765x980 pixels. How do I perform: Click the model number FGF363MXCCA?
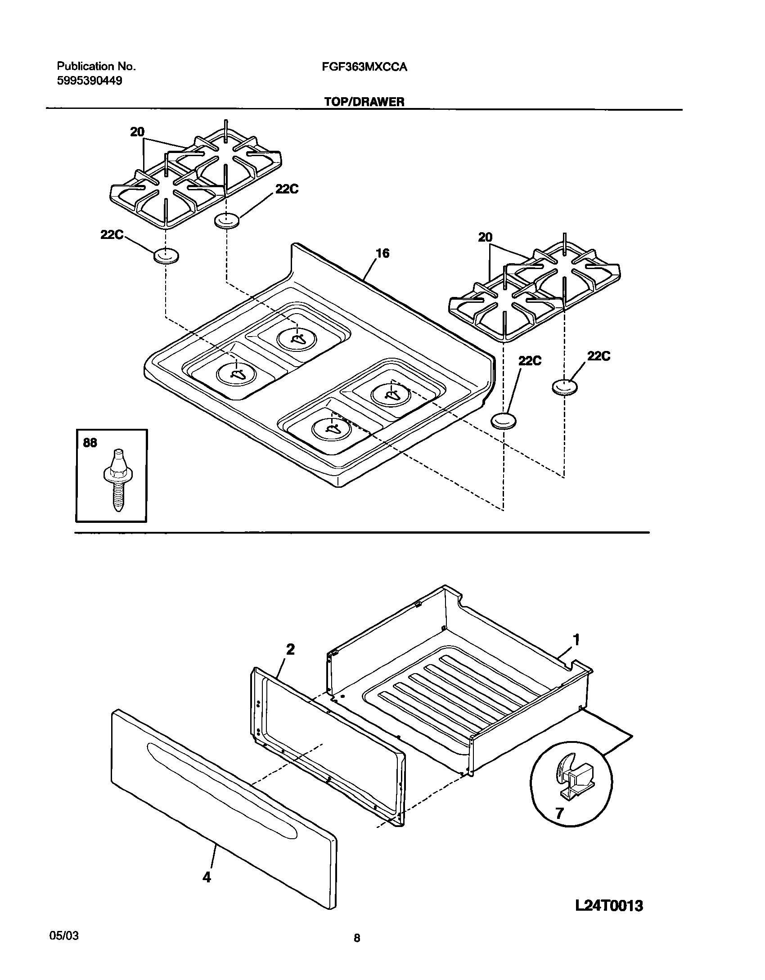364,67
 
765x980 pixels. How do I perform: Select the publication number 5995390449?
89,81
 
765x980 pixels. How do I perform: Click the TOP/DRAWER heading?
364,102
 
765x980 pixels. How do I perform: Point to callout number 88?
90,443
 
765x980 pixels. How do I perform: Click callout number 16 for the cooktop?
382,253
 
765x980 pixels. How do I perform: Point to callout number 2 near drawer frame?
290,650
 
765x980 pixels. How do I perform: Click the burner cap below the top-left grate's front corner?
166,256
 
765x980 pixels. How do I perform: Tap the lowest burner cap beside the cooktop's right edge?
503,421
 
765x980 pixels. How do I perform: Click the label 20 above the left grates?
137,132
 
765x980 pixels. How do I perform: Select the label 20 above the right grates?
485,237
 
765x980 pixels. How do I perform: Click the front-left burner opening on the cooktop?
236,373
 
